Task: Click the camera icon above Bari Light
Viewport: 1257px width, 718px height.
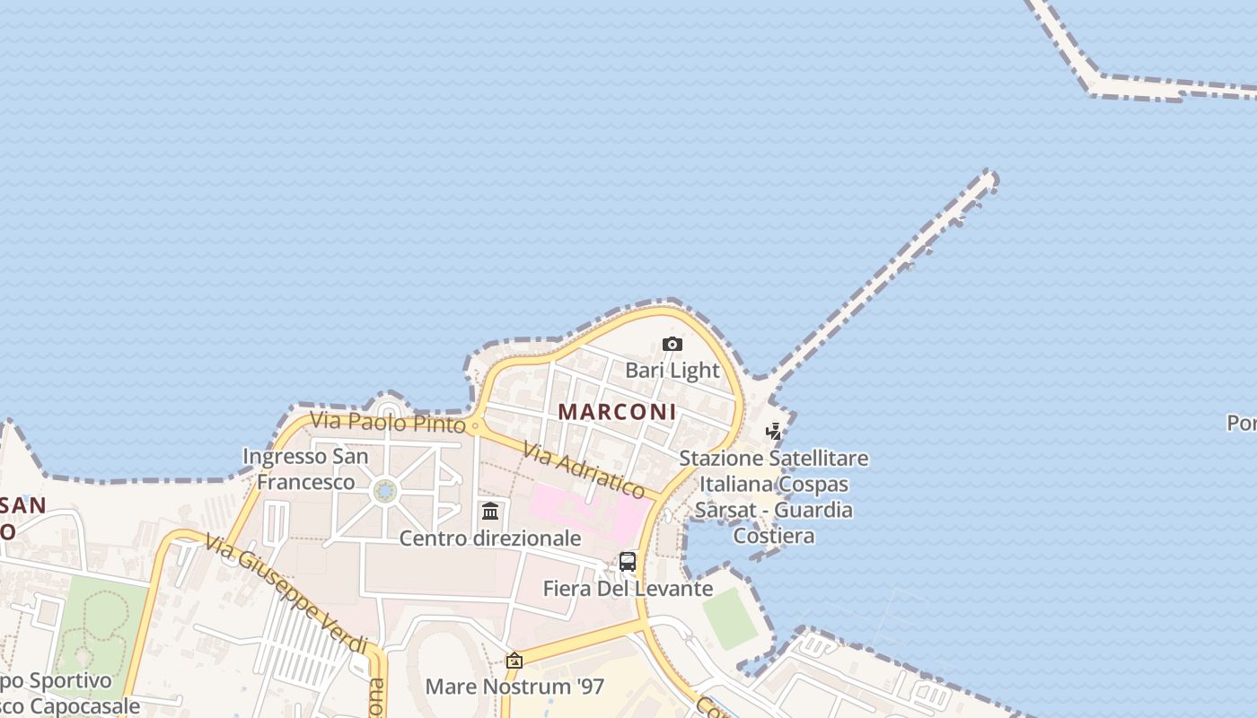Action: coord(672,345)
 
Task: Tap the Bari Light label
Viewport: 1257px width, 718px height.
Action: coord(672,370)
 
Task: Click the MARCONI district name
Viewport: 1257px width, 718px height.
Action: coord(617,411)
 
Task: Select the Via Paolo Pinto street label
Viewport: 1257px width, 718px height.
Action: coord(388,421)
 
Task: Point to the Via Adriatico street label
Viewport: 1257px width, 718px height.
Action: coord(584,472)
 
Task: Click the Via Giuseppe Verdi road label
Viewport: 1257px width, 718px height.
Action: coord(286,594)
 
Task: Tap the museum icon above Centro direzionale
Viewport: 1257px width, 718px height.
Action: coord(490,512)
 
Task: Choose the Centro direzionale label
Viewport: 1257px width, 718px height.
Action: coord(489,538)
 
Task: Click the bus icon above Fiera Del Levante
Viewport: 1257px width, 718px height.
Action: coord(628,563)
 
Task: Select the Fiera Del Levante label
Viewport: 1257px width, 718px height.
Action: coord(628,589)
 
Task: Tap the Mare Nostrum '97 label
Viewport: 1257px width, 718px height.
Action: coord(514,687)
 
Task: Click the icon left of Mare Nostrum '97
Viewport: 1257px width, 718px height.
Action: coord(514,661)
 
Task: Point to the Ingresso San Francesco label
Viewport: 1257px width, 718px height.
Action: coord(305,468)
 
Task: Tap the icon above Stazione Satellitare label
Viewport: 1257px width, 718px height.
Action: coord(773,432)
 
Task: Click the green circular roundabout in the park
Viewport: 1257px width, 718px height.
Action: coord(384,491)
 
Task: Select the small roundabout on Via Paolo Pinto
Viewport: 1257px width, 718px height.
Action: coord(475,425)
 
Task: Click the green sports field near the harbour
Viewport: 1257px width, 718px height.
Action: coord(730,617)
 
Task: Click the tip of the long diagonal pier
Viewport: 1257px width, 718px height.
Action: coord(989,177)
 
